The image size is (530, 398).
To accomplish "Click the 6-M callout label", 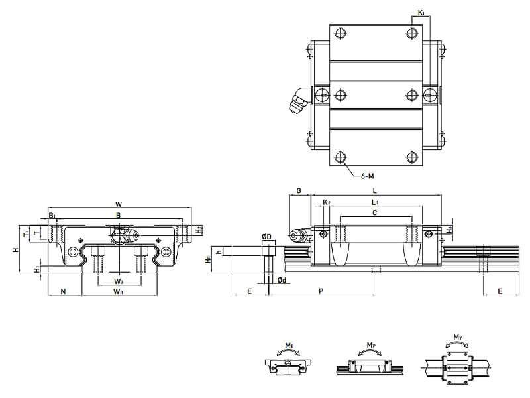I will click(368, 177).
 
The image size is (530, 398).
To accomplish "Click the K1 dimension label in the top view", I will click(421, 11).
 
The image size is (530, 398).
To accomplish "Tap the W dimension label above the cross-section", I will click(118, 203).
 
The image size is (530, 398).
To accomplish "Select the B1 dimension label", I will click(52, 215).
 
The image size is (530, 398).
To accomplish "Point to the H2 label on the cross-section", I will click(199, 230).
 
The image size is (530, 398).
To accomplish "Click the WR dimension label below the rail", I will click(118, 291).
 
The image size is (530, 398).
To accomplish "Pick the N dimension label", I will click(64, 291).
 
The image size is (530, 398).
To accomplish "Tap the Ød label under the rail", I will click(282, 280).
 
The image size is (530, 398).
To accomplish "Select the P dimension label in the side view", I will click(321, 291).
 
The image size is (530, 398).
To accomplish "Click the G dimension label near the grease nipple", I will click(299, 191).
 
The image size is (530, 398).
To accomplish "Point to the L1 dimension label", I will click(375, 202).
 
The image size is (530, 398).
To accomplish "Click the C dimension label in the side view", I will click(375, 212).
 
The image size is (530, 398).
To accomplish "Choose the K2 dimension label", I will click(327, 202).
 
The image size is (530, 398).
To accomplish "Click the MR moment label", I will click(289, 346).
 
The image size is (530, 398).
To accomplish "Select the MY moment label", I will click(457, 338).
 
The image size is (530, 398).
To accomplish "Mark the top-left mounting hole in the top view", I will click(341, 32).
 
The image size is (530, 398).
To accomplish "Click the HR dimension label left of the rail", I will click(208, 261).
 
